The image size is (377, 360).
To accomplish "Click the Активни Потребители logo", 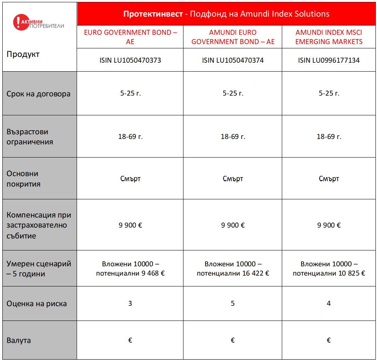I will pos(38,23).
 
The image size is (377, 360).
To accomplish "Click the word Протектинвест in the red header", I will pos(153,14).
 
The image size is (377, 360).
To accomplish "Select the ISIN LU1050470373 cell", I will pos(130,60).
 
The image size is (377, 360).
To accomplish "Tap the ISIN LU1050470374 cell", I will pos(233,60).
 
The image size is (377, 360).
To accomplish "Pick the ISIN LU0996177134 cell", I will pos(329,60).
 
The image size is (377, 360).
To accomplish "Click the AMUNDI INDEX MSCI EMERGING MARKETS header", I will pos(329,37).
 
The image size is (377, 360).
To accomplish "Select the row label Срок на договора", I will pos(38,94).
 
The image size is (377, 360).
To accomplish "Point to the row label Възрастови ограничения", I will pos(30,137).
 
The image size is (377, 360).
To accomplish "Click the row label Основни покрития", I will pos(23,179).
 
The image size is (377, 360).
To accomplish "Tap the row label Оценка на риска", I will pos(36,303).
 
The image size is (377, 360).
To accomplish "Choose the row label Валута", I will pos(19,341).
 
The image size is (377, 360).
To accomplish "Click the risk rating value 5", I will pos(233,303).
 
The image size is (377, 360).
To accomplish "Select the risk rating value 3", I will pos(130,303).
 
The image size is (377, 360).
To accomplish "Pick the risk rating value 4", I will pos(329,303).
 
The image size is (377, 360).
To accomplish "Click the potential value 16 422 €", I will pos(254,273).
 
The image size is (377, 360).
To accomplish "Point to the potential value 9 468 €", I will pos(152,273).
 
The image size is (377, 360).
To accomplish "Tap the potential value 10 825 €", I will pos(350,273).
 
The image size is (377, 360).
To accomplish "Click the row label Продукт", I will pos(23,54).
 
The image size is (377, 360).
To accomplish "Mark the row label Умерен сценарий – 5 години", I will pos(39,269).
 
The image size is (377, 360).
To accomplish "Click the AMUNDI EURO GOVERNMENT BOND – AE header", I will pos(233,37).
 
